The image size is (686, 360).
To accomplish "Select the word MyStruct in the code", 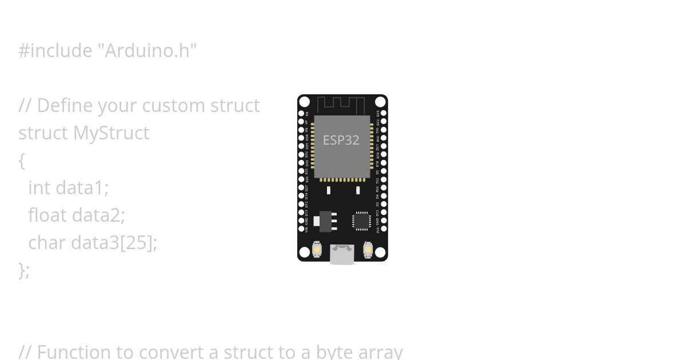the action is pos(111,133).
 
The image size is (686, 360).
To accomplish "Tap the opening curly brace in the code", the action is pos(22,161).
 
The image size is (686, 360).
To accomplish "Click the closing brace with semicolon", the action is pos(23,270).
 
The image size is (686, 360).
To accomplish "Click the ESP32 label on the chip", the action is pos(341,140).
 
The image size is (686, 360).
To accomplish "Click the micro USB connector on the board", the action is pos(342,254).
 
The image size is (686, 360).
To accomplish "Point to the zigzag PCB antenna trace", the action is pos(341,105).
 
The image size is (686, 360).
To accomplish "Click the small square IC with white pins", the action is pos(361,221).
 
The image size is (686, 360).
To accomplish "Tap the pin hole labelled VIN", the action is pos(301,229).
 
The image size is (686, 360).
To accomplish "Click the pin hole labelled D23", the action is pos(384,113).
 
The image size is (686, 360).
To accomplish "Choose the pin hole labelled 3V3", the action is pos(384,229).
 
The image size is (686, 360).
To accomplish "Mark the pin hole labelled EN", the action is pos(301,113).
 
